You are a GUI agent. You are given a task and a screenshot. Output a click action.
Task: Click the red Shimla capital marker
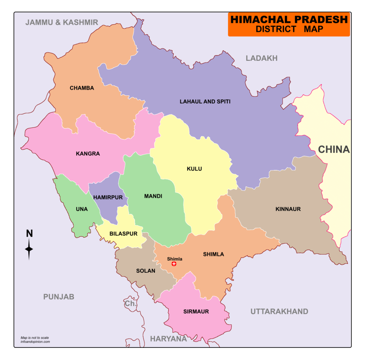click(x=174, y=264)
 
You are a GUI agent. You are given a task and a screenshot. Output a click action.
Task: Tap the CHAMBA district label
click(x=82, y=88)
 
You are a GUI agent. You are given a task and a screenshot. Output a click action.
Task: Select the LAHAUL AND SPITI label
click(x=205, y=101)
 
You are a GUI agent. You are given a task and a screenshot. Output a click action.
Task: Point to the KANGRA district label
click(x=88, y=153)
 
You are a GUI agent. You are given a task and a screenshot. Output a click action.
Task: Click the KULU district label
click(x=194, y=169)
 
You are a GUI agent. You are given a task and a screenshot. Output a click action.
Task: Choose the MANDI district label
click(x=153, y=196)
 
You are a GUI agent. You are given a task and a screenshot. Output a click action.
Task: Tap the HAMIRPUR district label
click(x=108, y=197)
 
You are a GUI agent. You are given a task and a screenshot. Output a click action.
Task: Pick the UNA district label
click(x=82, y=209)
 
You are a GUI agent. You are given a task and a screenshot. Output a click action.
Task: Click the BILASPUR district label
click(x=123, y=234)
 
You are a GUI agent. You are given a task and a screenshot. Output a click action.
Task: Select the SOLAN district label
click(x=146, y=271)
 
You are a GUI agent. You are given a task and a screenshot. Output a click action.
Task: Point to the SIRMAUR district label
click(x=196, y=311)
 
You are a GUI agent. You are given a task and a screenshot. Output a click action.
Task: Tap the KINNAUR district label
click(x=288, y=209)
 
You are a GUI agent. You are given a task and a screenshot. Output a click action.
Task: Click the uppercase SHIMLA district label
click(x=213, y=254)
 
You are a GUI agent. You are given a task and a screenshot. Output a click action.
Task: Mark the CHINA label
click(x=334, y=149)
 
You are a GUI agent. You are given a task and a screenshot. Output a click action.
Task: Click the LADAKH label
click(x=262, y=58)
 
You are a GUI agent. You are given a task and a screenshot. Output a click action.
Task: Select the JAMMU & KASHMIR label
click(x=62, y=22)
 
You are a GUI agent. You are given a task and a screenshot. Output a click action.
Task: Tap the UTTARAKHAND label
click(x=279, y=311)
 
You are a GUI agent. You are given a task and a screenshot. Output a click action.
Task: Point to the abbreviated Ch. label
click(x=131, y=304)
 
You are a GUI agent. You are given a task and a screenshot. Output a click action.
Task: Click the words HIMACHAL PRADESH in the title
click(x=289, y=20)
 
